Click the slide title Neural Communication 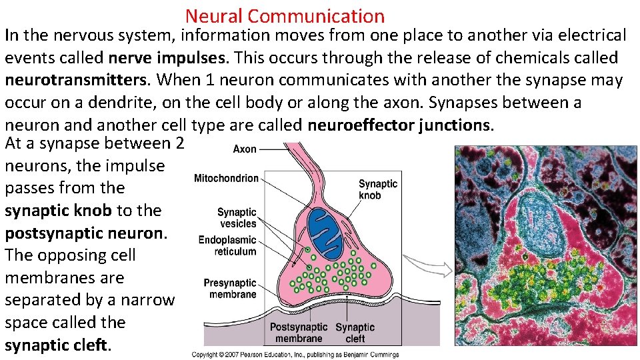coord(285,15)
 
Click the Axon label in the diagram coord(245,149)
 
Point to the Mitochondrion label coord(226,178)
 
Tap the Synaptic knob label coord(378,189)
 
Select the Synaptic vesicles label coord(237,218)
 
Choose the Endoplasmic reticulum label coord(227,245)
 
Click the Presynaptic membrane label coord(230,289)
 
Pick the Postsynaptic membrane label coord(299,333)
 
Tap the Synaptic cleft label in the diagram coord(355,333)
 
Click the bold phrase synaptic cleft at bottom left coord(55,345)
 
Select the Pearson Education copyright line coord(295,355)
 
